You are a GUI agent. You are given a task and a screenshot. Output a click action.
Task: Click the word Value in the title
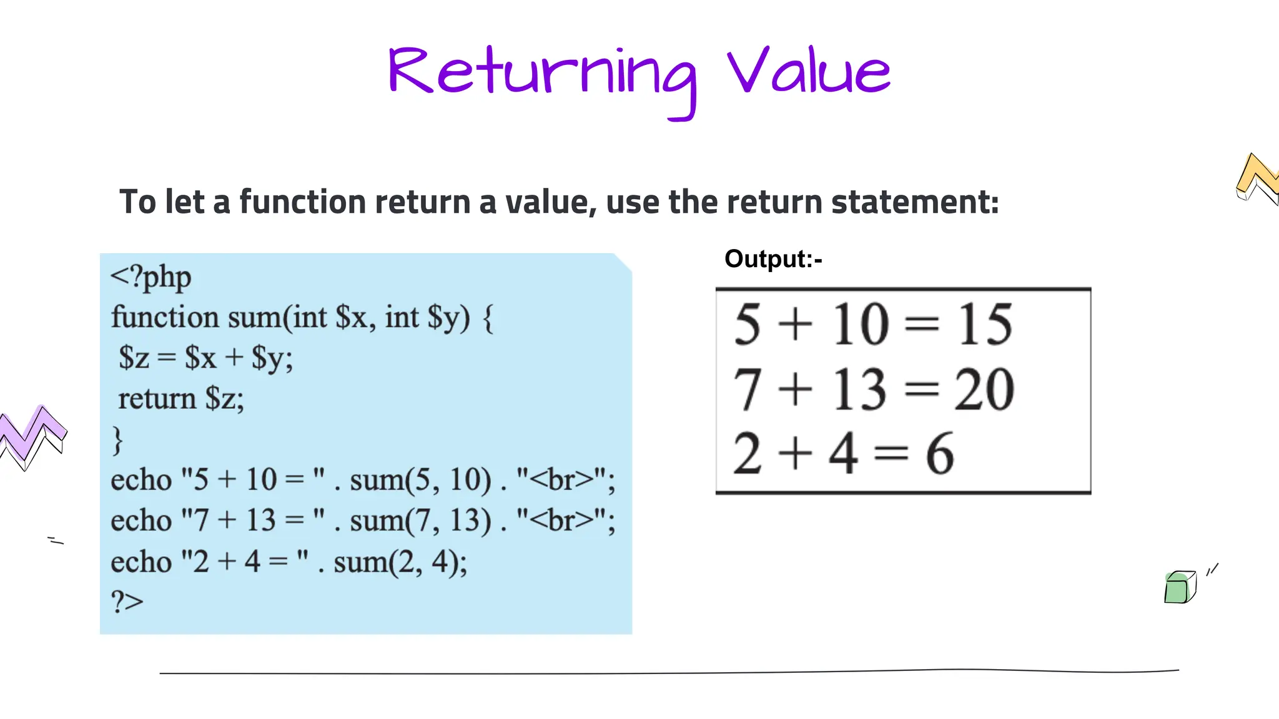coord(808,72)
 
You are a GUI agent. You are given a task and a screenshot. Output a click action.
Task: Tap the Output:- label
coord(773,259)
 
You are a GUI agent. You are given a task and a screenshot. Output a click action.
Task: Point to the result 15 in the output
coord(985,325)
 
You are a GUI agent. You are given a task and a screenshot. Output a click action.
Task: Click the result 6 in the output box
coord(939,454)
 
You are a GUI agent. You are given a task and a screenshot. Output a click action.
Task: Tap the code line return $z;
coord(181,399)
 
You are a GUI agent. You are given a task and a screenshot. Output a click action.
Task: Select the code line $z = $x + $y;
coord(206,358)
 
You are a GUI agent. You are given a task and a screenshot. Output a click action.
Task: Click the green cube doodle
coord(1179,588)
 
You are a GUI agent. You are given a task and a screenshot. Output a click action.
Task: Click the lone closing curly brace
coord(117,440)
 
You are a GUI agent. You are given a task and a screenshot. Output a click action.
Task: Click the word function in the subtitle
coord(302,202)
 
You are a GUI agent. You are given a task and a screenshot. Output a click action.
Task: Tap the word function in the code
coord(165,318)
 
